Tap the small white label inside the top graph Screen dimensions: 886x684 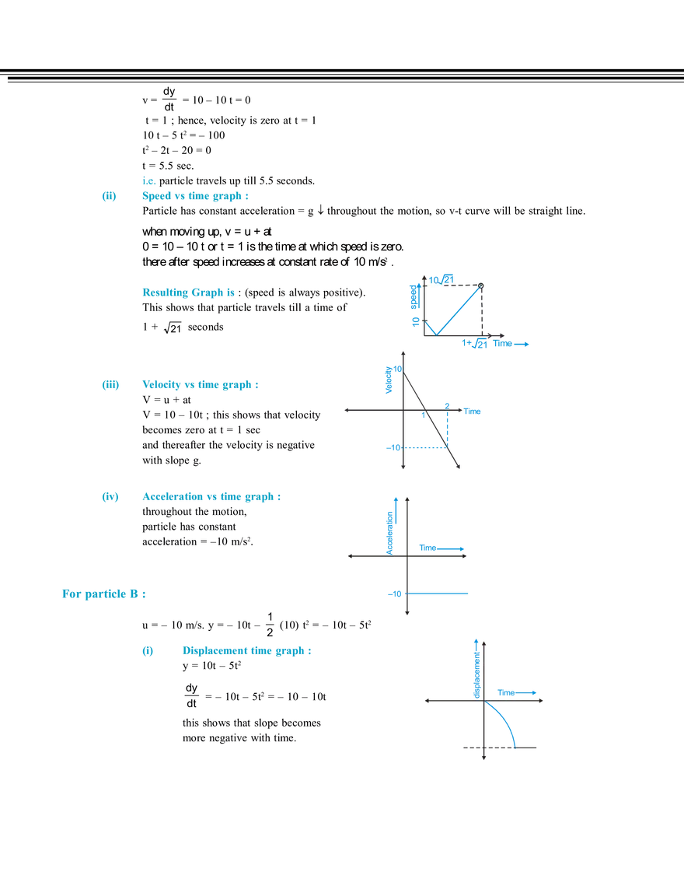pyautogui.click(x=437, y=287)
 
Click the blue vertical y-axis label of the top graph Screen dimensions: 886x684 pyautogui.click(x=414, y=303)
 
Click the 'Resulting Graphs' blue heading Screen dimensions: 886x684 pyautogui.click(x=187, y=293)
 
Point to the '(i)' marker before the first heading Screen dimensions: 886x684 pyautogui.click(x=108, y=198)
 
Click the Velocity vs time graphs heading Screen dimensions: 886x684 pyautogui.click(x=201, y=385)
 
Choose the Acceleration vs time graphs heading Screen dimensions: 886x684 pyautogui.click(x=210, y=497)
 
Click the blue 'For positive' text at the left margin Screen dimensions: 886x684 pyautogui.click(x=104, y=594)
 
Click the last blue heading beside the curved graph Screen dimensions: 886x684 pyautogui.click(x=247, y=651)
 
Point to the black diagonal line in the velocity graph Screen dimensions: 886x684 pyautogui.click(x=431, y=420)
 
